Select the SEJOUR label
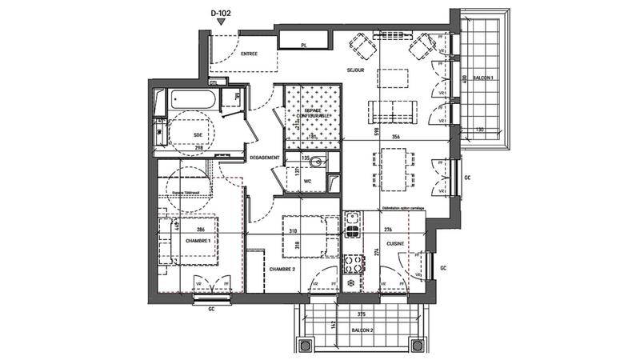point(355,71)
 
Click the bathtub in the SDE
point(193,101)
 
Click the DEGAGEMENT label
point(263,158)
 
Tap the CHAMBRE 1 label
point(198,241)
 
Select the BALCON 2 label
point(362,330)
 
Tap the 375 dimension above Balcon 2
point(362,314)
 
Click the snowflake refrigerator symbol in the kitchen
point(351,284)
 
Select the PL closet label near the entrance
point(304,46)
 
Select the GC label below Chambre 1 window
point(212,308)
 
